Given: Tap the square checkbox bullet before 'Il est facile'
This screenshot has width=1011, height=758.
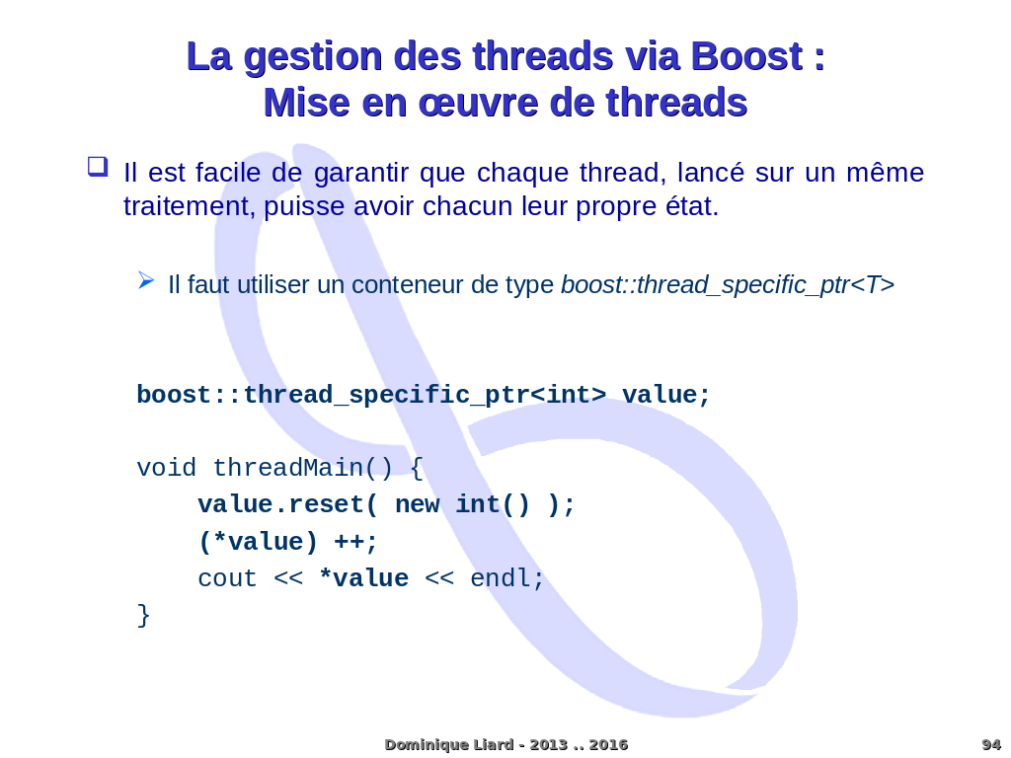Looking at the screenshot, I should pos(97,167).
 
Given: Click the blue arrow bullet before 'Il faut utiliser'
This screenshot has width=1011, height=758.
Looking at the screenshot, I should pos(146,280).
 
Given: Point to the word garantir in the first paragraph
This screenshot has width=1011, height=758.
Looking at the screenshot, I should pos(360,173).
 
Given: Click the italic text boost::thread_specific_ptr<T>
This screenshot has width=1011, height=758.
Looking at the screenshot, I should pos(727,285).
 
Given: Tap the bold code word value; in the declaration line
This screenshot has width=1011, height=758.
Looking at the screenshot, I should pos(665,395).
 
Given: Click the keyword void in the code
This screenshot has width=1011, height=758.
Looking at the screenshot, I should pos(166,468).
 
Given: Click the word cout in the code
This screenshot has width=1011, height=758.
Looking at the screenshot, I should pos(227,578).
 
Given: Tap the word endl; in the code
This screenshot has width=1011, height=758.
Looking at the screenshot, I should pos(507,578).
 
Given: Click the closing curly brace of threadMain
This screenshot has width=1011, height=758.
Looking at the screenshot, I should pos(143,615).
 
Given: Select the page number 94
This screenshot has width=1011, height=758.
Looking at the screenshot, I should pos(990,744).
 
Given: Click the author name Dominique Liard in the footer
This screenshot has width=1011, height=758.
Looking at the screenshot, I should pos(448,744).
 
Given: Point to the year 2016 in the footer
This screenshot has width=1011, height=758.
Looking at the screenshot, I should pos(608,744).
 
